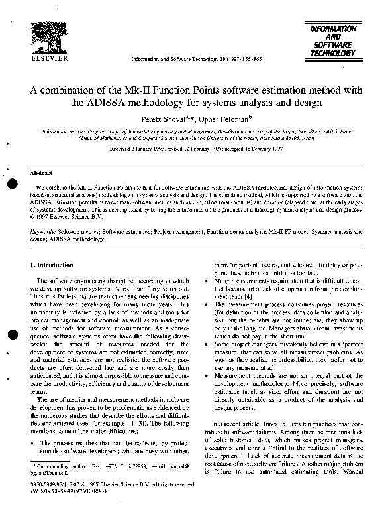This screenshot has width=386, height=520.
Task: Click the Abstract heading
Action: tap(41, 172)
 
